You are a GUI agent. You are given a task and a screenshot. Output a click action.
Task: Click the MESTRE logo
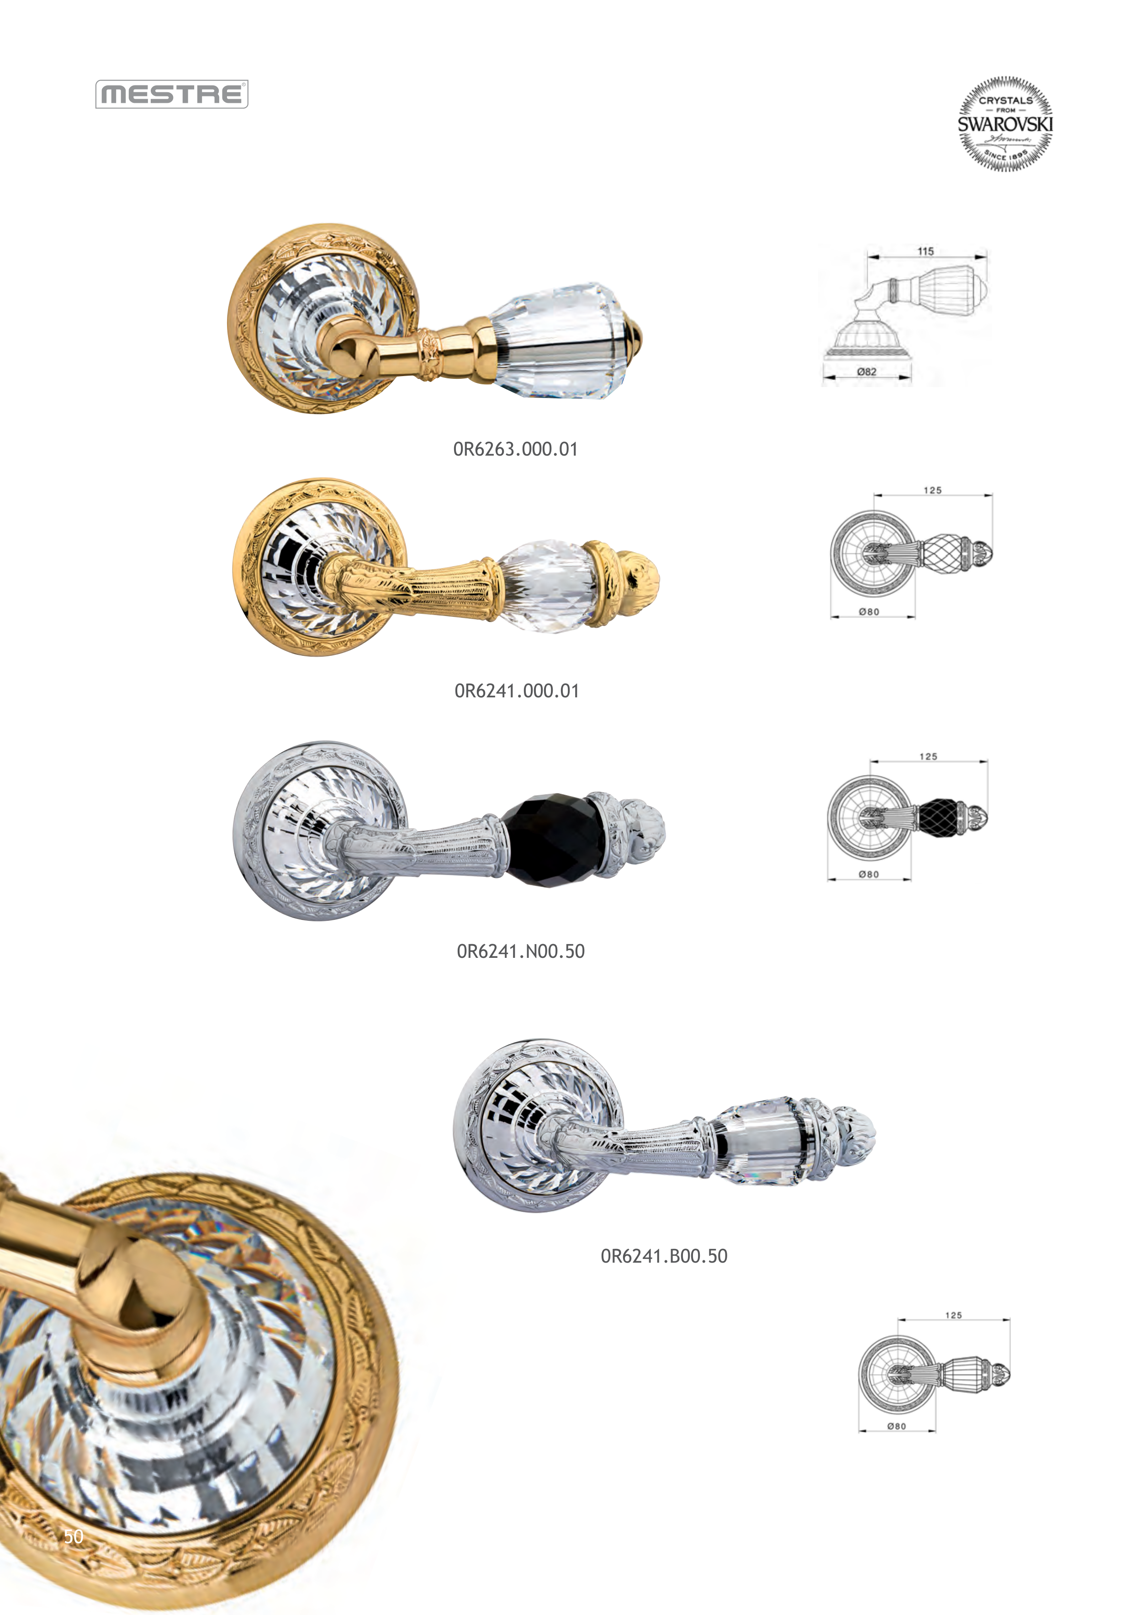pos(172,94)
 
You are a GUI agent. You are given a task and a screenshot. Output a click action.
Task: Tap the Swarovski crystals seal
pos(1005,124)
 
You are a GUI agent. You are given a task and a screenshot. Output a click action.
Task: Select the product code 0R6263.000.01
pos(515,450)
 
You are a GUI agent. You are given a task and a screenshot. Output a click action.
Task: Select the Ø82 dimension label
pos(867,372)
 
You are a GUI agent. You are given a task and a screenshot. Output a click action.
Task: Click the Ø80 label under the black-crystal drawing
pos(868,874)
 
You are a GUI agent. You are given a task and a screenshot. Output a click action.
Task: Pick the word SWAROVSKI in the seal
pos(1005,124)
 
